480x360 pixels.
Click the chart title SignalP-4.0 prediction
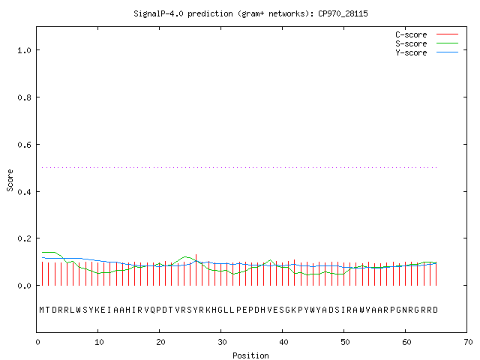[183, 13]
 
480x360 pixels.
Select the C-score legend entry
[427, 34]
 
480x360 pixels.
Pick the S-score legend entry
[427, 43]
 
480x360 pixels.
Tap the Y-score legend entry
[427, 52]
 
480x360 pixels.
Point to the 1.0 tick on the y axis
[24, 50]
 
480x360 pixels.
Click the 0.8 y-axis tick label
[24, 97]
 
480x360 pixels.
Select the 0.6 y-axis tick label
[24, 145]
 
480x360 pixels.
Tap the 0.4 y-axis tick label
[24, 192]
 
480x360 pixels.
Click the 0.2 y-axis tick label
[24, 238]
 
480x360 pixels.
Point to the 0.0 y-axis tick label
[24, 286]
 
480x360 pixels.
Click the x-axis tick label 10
[99, 342]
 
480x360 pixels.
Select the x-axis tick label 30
[222, 342]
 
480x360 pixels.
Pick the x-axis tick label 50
[345, 342]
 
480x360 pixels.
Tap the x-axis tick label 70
[468, 342]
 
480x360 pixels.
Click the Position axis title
[250, 355]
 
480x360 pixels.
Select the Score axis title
[10, 180]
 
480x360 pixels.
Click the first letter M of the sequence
[42, 310]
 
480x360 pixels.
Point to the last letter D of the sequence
[435, 310]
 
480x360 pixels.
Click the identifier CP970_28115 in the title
[343, 13]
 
